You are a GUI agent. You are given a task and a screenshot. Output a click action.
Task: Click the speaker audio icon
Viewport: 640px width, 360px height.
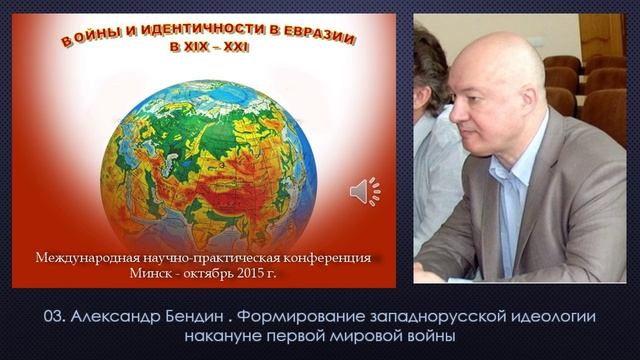364,191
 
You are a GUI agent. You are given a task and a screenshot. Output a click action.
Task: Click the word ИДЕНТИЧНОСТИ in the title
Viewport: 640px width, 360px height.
182,34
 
